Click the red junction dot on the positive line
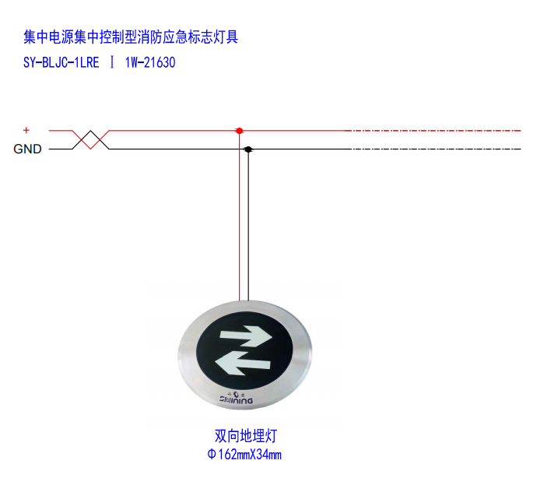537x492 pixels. (x=240, y=131)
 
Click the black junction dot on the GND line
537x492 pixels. (x=248, y=149)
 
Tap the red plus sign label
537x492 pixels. (x=26, y=130)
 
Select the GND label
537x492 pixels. (x=27, y=149)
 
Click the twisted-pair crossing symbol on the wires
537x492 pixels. (x=90, y=140)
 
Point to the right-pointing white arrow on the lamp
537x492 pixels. (x=246, y=336)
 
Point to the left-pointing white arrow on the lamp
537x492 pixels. (x=243, y=363)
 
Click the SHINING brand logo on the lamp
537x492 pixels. (x=237, y=398)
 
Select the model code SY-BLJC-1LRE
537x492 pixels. (x=61, y=63)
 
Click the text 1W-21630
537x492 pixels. (x=150, y=63)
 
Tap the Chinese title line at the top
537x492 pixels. (x=131, y=37)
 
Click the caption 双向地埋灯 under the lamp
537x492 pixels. (x=246, y=436)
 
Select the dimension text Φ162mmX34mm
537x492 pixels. (x=244, y=455)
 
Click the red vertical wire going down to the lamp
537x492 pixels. (x=240, y=216)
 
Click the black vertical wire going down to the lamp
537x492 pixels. (x=248, y=225)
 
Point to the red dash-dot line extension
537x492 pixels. (x=433, y=131)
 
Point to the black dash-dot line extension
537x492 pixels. (x=436, y=149)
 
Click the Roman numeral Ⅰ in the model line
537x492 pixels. (x=112, y=63)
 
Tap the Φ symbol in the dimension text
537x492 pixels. (x=212, y=455)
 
